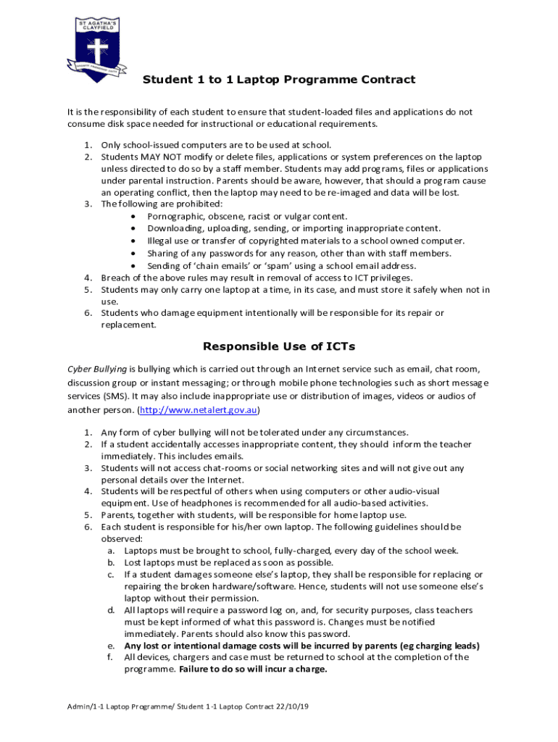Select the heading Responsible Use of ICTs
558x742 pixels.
pyautogui.click(x=279, y=346)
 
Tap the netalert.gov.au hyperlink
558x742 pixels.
pyautogui.click(x=199, y=409)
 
